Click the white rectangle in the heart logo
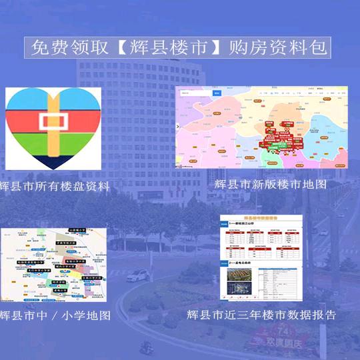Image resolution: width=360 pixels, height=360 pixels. pyautogui.click(x=53, y=122)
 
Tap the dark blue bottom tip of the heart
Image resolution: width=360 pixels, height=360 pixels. pyautogui.click(x=53, y=161)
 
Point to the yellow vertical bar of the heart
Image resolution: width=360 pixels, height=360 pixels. pyautogui.click(x=53, y=100)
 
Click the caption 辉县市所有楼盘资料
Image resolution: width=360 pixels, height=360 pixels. pyautogui.click(x=55, y=186)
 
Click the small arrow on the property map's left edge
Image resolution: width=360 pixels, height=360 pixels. pyautogui.click(x=178, y=127)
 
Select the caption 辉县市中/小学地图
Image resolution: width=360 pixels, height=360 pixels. pyautogui.click(x=55, y=315)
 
